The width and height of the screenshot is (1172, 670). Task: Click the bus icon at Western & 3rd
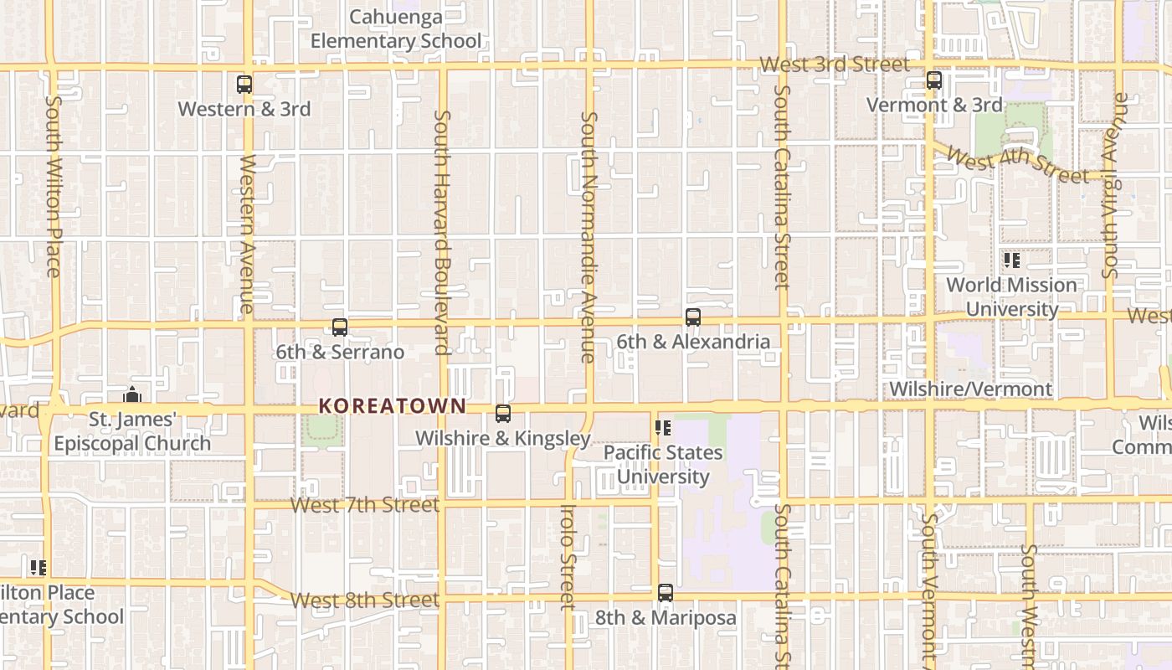pos(244,85)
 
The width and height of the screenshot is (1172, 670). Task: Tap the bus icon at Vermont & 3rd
pos(934,81)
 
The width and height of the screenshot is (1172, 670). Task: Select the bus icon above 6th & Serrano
pos(340,327)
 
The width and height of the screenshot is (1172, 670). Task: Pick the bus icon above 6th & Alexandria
pos(693,317)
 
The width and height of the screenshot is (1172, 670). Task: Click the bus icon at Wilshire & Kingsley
pos(503,414)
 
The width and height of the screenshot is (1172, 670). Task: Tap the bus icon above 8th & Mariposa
pos(666,594)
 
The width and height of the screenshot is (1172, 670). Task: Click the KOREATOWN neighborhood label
pos(392,406)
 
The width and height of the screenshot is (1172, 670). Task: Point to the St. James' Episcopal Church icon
pos(131,394)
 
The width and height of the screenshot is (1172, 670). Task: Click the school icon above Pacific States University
pos(663,429)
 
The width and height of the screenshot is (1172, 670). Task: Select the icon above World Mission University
pos(1011,261)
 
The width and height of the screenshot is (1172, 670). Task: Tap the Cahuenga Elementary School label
pos(396,29)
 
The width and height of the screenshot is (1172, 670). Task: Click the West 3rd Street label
pos(835,64)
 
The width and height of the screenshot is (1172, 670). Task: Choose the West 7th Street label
pos(365,505)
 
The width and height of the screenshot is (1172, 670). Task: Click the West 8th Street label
pos(365,600)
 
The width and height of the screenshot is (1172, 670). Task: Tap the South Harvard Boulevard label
pos(442,232)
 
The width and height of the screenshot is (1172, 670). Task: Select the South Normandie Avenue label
pos(589,237)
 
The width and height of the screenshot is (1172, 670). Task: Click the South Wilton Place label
pos(53,186)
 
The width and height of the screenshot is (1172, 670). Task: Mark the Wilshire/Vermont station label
pos(970,389)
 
